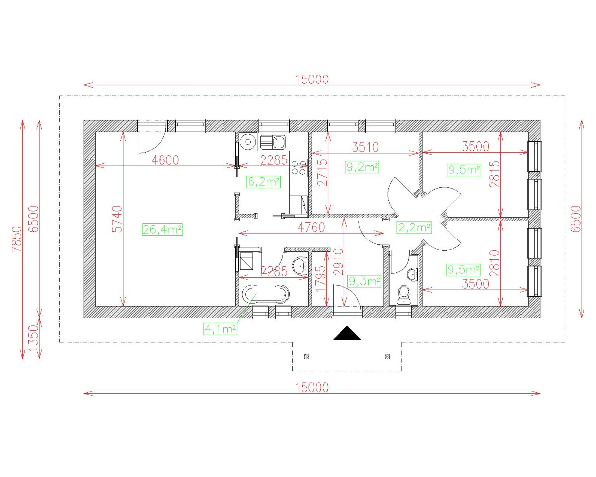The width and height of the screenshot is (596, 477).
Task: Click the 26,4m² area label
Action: tap(162, 229)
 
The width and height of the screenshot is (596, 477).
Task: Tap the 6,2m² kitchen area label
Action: tap(263, 182)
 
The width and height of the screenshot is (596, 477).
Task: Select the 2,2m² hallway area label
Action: tap(414, 227)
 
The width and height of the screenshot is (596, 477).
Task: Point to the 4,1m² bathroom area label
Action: tap(220, 329)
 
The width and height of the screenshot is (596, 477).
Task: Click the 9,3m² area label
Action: tap(364, 281)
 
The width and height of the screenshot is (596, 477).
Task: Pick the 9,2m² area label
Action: tap(362, 167)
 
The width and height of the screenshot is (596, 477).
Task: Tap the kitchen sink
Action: tap(273, 142)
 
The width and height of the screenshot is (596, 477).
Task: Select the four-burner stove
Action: tap(298, 167)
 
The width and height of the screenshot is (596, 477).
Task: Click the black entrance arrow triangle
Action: tap(347, 333)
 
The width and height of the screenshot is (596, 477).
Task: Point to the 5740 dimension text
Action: tap(117, 219)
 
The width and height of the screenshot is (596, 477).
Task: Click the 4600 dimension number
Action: tap(165, 160)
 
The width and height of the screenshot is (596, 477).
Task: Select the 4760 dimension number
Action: tap(311, 227)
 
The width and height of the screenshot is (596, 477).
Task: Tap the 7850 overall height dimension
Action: tap(17, 239)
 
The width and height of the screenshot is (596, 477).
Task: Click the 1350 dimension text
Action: tap(34, 338)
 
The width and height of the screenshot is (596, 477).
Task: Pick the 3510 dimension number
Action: tap(366, 147)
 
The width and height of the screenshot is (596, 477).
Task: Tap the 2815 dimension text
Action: tap(494, 174)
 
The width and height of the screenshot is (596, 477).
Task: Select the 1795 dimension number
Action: tap(321, 279)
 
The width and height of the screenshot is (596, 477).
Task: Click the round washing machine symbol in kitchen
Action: tap(248, 142)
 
